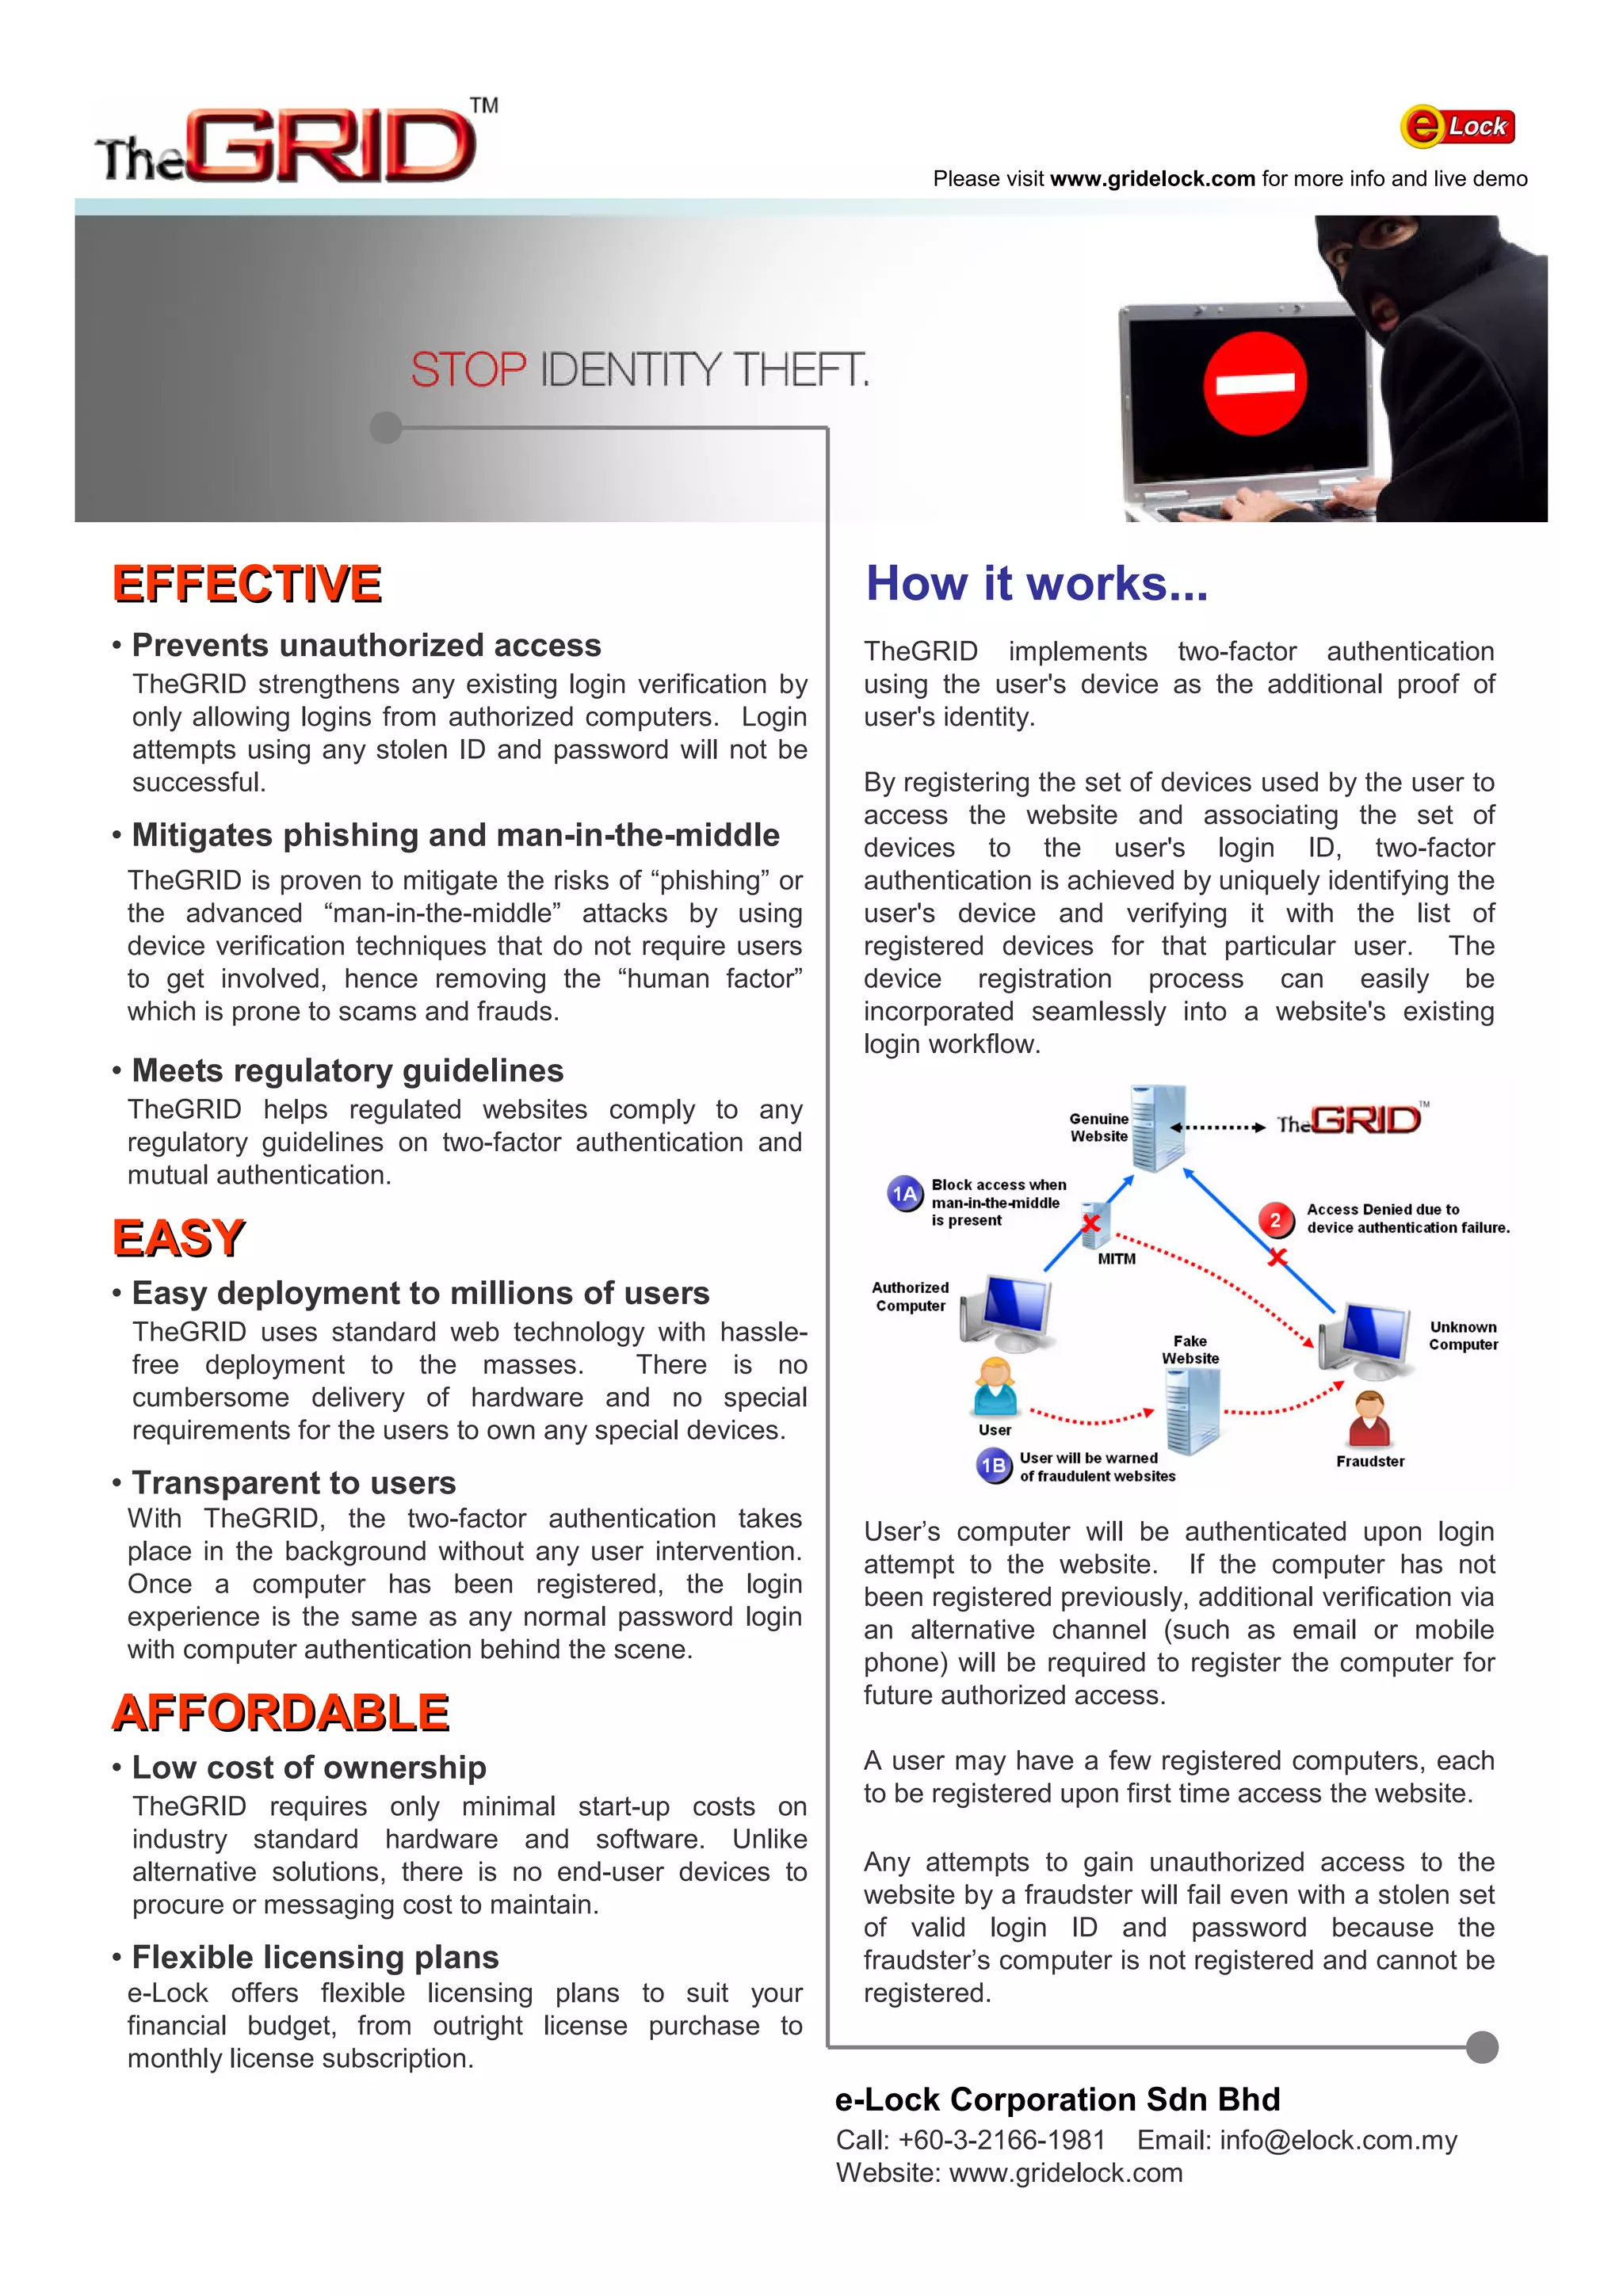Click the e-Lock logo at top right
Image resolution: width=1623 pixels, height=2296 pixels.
point(1457,127)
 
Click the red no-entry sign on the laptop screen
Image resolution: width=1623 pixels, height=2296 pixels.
point(1255,383)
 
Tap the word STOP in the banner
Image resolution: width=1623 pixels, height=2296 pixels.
point(468,370)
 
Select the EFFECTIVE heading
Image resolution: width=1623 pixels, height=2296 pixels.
point(247,584)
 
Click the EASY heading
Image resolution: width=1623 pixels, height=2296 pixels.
point(179,1238)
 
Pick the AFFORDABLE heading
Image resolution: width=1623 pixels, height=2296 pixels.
point(281,1713)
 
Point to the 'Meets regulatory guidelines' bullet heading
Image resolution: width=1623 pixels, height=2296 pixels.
point(347,1071)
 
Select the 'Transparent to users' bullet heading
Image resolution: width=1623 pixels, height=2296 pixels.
point(293,1482)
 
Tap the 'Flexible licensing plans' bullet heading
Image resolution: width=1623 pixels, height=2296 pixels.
point(315,1957)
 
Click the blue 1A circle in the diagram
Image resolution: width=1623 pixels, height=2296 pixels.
point(905,1194)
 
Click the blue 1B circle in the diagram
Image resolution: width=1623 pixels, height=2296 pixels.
point(993,1466)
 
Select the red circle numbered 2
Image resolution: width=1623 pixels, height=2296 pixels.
point(1274,1219)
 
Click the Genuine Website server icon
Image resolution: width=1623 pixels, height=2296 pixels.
point(1159,1128)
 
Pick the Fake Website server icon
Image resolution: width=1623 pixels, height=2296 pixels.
point(1192,1410)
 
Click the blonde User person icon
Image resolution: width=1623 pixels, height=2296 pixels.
point(996,1385)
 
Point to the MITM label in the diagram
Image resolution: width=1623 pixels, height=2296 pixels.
point(1116,1259)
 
